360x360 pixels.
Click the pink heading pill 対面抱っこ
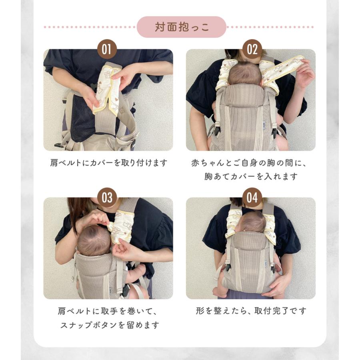coord(182,27)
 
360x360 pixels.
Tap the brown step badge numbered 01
coord(107,49)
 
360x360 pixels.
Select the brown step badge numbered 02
coord(252,49)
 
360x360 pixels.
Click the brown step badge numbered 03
coord(107,198)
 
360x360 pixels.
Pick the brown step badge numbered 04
coord(252,198)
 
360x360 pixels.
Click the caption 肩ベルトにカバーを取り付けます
coord(108,163)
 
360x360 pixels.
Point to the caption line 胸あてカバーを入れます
coord(251,176)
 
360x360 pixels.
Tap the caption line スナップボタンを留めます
coord(109,324)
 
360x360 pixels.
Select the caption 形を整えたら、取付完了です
coord(251,311)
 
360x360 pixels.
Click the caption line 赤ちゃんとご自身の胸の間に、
coord(251,163)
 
